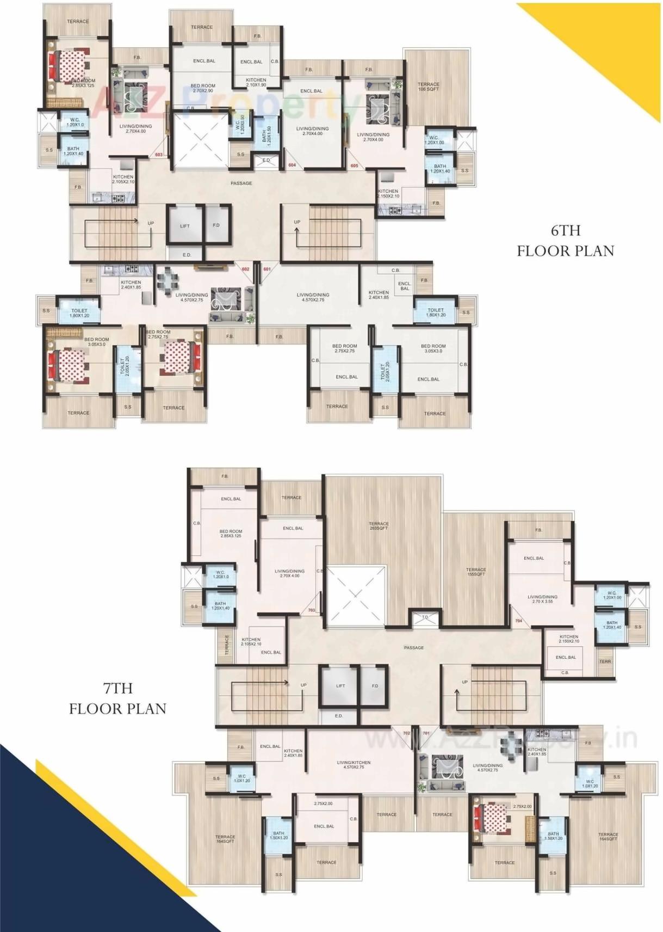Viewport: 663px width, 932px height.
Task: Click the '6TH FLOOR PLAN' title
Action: (x=565, y=241)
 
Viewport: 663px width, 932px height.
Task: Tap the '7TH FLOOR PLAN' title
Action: (x=117, y=698)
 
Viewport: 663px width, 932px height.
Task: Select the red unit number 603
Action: (x=159, y=155)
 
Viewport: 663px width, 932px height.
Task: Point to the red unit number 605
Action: (x=354, y=165)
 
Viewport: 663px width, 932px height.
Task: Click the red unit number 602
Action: (x=245, y=269)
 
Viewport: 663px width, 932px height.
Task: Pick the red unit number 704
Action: (x=518, y=621)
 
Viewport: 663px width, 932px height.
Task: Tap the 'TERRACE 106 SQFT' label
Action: (x=428, y=87)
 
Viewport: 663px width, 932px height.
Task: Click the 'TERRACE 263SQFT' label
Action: (x=379, y=526)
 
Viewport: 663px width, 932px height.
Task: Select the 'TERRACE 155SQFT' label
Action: (x=475, y=572)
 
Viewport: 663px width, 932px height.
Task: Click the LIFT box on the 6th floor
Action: (x=185, y=225)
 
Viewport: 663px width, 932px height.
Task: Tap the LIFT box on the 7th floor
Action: (x=340, y=686)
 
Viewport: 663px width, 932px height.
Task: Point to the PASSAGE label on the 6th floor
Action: (x=241, y=183)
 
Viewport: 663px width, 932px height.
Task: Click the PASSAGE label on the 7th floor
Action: (x=413, y=648)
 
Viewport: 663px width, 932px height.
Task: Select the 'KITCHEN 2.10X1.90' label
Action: (x=256, y=82)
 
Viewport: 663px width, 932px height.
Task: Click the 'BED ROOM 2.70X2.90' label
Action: (x=202, y=88)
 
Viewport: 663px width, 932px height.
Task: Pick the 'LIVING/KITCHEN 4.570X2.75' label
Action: (x=354, y=765)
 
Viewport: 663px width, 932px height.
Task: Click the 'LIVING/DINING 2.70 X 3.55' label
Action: (x=542, y=599)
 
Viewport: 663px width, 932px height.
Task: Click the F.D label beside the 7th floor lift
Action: (x=375, y=686)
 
